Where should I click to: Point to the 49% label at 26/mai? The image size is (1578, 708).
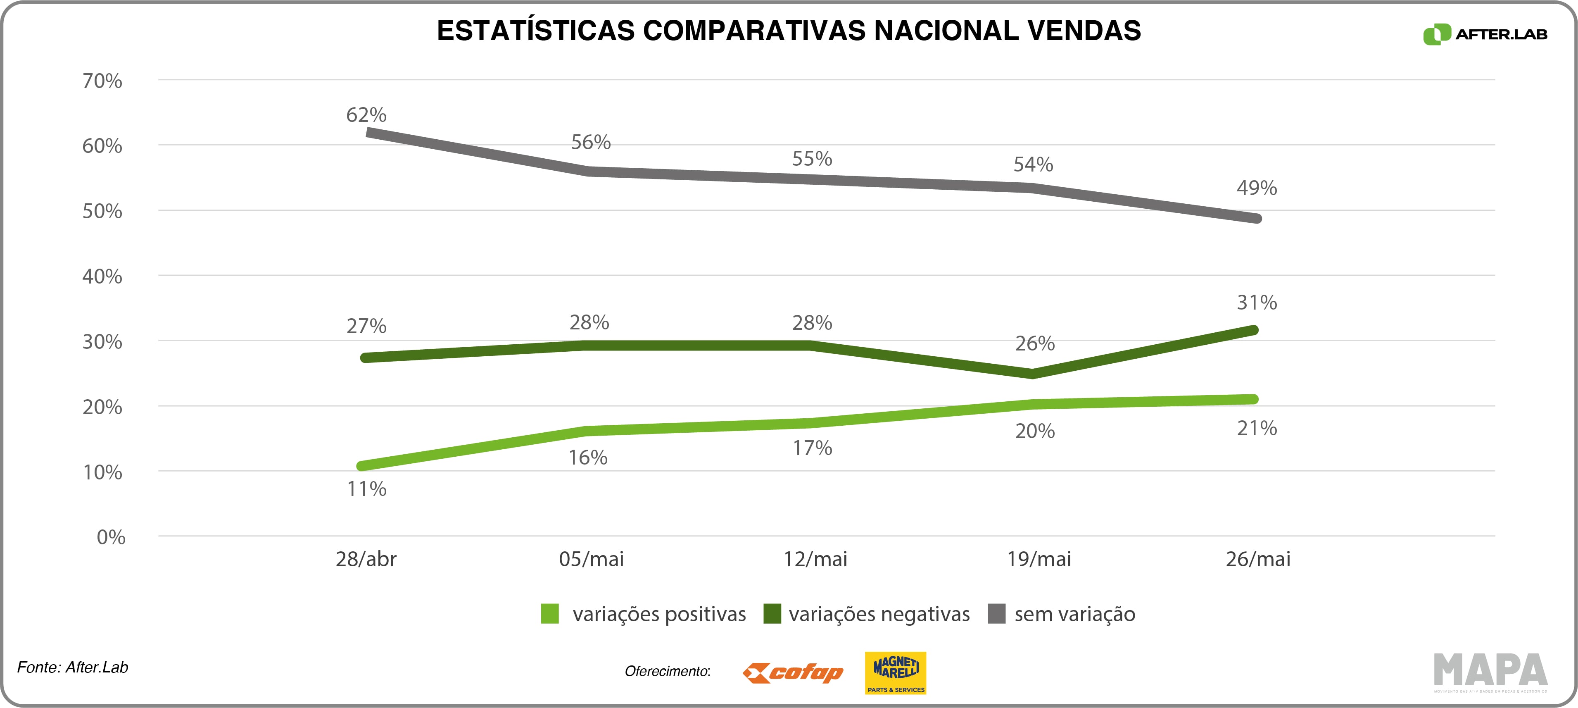tap(1256, 188)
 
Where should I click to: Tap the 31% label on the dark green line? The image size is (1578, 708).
tap(1256, 302)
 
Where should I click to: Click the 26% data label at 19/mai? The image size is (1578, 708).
tap(1035, 343)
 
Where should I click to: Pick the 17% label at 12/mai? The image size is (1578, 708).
tap(812, 448)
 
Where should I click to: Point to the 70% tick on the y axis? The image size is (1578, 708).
tap(102, 81)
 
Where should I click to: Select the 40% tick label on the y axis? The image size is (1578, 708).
tap(102, 277)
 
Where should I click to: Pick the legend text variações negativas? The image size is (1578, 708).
tap(879, 614)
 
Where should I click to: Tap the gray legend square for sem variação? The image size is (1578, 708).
tap(997, 614)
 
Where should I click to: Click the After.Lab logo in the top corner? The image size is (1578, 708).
tap(1484, 34)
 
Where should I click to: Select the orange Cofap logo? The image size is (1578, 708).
tap(793, 673)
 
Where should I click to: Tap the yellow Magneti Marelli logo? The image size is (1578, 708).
tap(895, 672)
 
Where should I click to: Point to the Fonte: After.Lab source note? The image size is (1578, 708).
tap(72, 667)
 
